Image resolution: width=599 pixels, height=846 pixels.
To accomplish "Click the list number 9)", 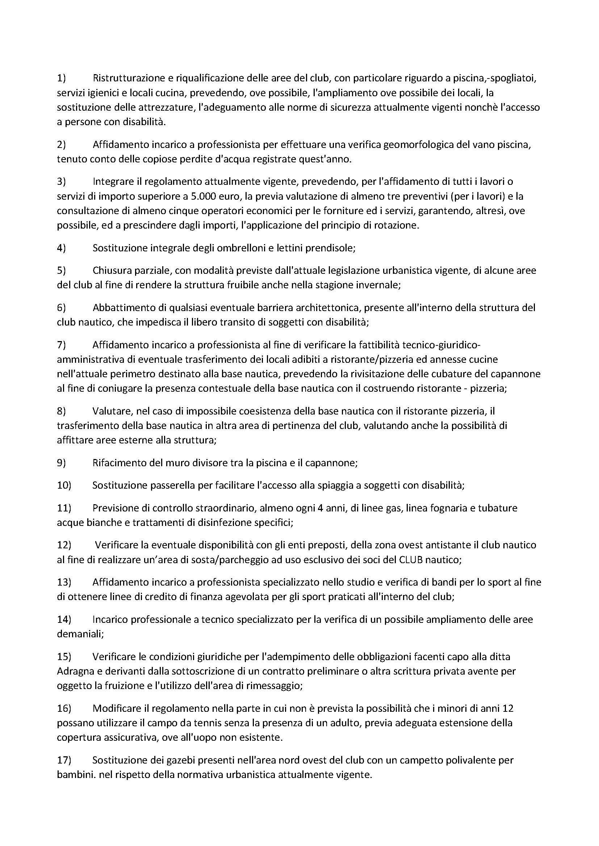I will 61,463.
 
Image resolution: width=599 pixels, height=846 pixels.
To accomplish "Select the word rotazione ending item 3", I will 399,225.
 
